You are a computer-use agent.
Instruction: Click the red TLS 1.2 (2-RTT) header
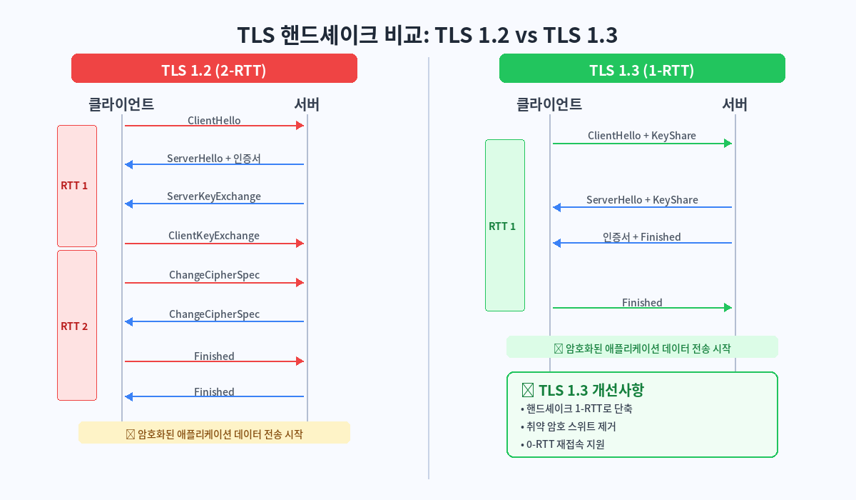click(x=214, y=70)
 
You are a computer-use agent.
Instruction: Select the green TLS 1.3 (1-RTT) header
click(x=641, y=70)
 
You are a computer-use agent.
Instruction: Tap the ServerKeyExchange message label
click(x=214, y=196)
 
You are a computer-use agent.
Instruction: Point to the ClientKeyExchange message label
click(x=214, y=236)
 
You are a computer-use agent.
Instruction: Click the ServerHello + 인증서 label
click(x=214, y=159)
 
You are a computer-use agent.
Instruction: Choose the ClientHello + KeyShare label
click(x=641, y=136)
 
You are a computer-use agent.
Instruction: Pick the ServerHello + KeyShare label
click(x=641, y=200)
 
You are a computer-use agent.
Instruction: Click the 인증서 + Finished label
click(x=641, y=237)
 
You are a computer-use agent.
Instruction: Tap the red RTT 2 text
click(x=74, y=326)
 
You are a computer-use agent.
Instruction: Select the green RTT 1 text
click(x=502, y=226)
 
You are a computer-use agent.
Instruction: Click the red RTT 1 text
click(x=74, y=186)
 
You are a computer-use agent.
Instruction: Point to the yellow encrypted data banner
click(x=214, y=433)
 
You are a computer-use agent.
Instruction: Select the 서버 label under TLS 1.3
click(x=735, y=104)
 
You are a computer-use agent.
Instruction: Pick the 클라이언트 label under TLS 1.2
click(x=121, y=104)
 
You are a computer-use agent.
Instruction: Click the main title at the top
click(x=427, y=35)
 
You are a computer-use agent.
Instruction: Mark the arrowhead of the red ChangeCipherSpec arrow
click(x=300, y=283)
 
